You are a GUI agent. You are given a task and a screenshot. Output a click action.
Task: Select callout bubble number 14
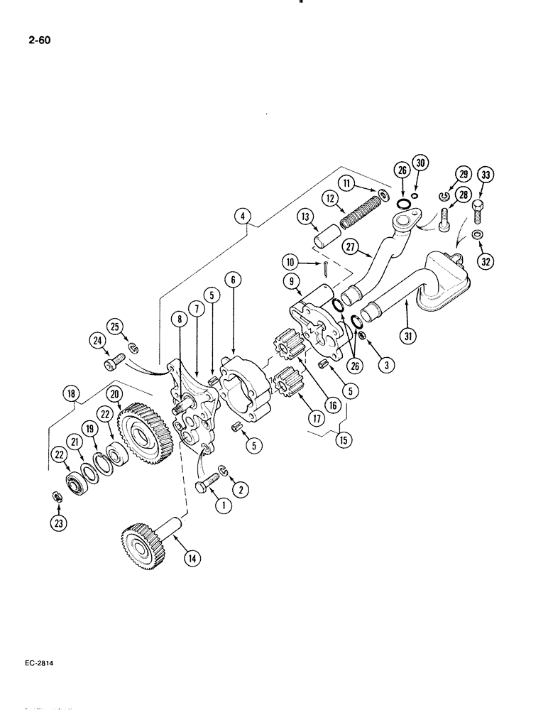pyautogui.click(x=190, y=558)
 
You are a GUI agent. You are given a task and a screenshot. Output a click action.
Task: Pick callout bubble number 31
pyautogui.click(x=405, y=338)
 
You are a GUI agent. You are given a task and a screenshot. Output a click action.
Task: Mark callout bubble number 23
pyautogui.click(x=55, y=524)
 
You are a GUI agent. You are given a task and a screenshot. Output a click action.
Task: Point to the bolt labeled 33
pyautogui.click(x=477, y=208)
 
